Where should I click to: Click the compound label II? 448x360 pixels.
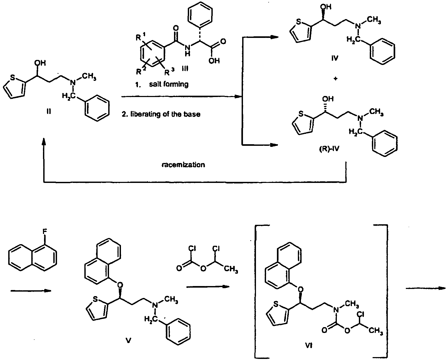point(49,112)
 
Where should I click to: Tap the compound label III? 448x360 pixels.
point(185,69)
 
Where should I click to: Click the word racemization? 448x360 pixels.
point(183,165)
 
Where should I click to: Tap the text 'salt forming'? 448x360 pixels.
point(169,84)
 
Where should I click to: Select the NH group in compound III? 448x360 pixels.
point(188,50)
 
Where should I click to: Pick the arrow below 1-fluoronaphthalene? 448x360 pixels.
point(31,291)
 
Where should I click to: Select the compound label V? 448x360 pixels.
point(129,340)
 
